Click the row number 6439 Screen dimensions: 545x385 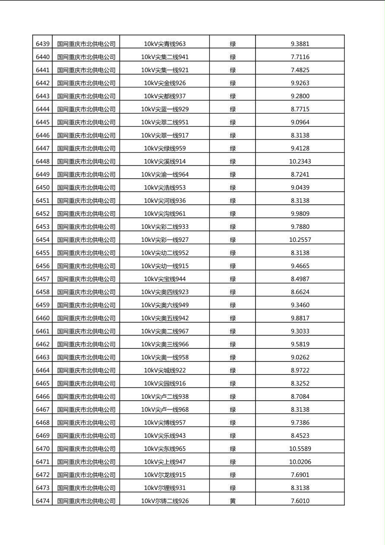[x=43, y=44]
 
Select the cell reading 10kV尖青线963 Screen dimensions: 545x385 [x=164, y=44]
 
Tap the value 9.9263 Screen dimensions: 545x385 [x=300, y=83]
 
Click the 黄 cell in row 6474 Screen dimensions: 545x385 [x=233, y=501]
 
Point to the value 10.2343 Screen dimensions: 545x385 [x=300, y=162]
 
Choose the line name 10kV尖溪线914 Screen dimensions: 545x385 [x=164, y=162]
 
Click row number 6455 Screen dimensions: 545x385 [x=43, y=253]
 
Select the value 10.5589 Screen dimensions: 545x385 [x=300, y=449]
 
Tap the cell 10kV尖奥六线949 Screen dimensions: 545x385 [x=164, y=305]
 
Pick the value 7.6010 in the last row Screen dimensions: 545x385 [x=300, y=501]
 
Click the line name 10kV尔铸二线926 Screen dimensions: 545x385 [x=164, y=501]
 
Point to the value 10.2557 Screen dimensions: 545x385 [x=300, y=240]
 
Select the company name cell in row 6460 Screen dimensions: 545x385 [x=86, y=318]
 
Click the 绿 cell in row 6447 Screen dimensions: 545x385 [x=233, y=148]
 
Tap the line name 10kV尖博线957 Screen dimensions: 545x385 [x=164, y=422]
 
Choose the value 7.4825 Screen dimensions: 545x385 [x=300, y=70]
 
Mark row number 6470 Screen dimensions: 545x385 [x=43, y=449]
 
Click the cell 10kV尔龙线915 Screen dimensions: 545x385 [x=164, y=475]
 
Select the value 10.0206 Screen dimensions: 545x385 [x=300, y=462]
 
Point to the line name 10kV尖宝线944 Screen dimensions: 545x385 [x=164, y=279]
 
